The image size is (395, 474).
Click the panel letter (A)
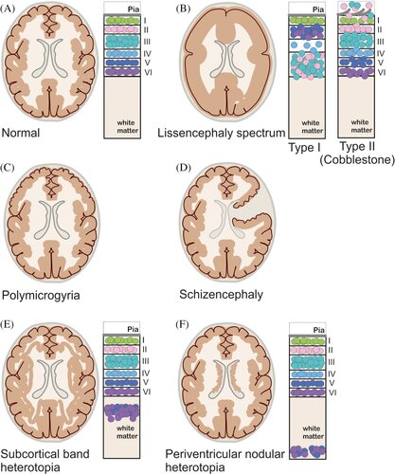coord(8,9)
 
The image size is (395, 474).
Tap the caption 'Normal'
coord(21,133)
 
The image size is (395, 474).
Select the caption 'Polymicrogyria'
coord(41,296)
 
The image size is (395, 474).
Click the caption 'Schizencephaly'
coord(221,295)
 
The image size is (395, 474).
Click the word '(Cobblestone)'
coord(357,160)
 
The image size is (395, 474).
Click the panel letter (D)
coord(184,167)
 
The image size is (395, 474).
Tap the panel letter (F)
coord(183,324)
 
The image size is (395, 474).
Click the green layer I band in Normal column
coord(122,21)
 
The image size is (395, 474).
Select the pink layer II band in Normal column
coord(122,29)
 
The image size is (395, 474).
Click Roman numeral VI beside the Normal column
coord(148,72)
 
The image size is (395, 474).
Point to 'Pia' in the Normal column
coord(134,9)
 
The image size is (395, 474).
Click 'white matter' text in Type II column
coord(361,126)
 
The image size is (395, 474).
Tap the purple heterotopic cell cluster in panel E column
coord(121,412)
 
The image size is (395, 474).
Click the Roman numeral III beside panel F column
coord(332,362)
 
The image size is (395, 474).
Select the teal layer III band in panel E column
coord(122,361)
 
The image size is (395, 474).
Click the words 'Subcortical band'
coord(45,454)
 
